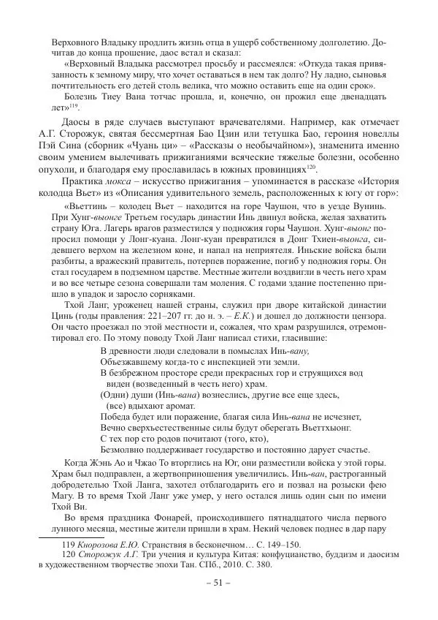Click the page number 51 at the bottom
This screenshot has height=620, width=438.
click(218, 583)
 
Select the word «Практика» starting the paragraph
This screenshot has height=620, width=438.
click(84, 181)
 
